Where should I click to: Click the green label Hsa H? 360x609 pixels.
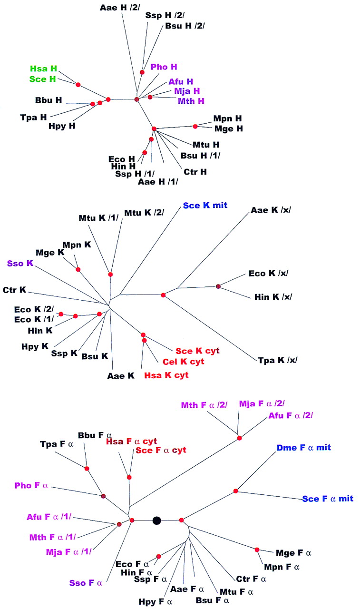click(x=43, y=69)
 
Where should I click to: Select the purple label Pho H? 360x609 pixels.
click(x=164, y=67)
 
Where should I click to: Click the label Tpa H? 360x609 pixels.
click(x=33, y=116)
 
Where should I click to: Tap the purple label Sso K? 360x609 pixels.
click(x=19, y=262)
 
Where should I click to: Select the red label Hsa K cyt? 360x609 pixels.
click(x=166, y=375)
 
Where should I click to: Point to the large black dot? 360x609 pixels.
click(x=156, y=521)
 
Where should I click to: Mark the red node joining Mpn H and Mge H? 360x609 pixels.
click(x=195, y=127)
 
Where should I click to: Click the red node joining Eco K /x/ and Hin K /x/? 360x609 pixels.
click(x=218, y=286)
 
